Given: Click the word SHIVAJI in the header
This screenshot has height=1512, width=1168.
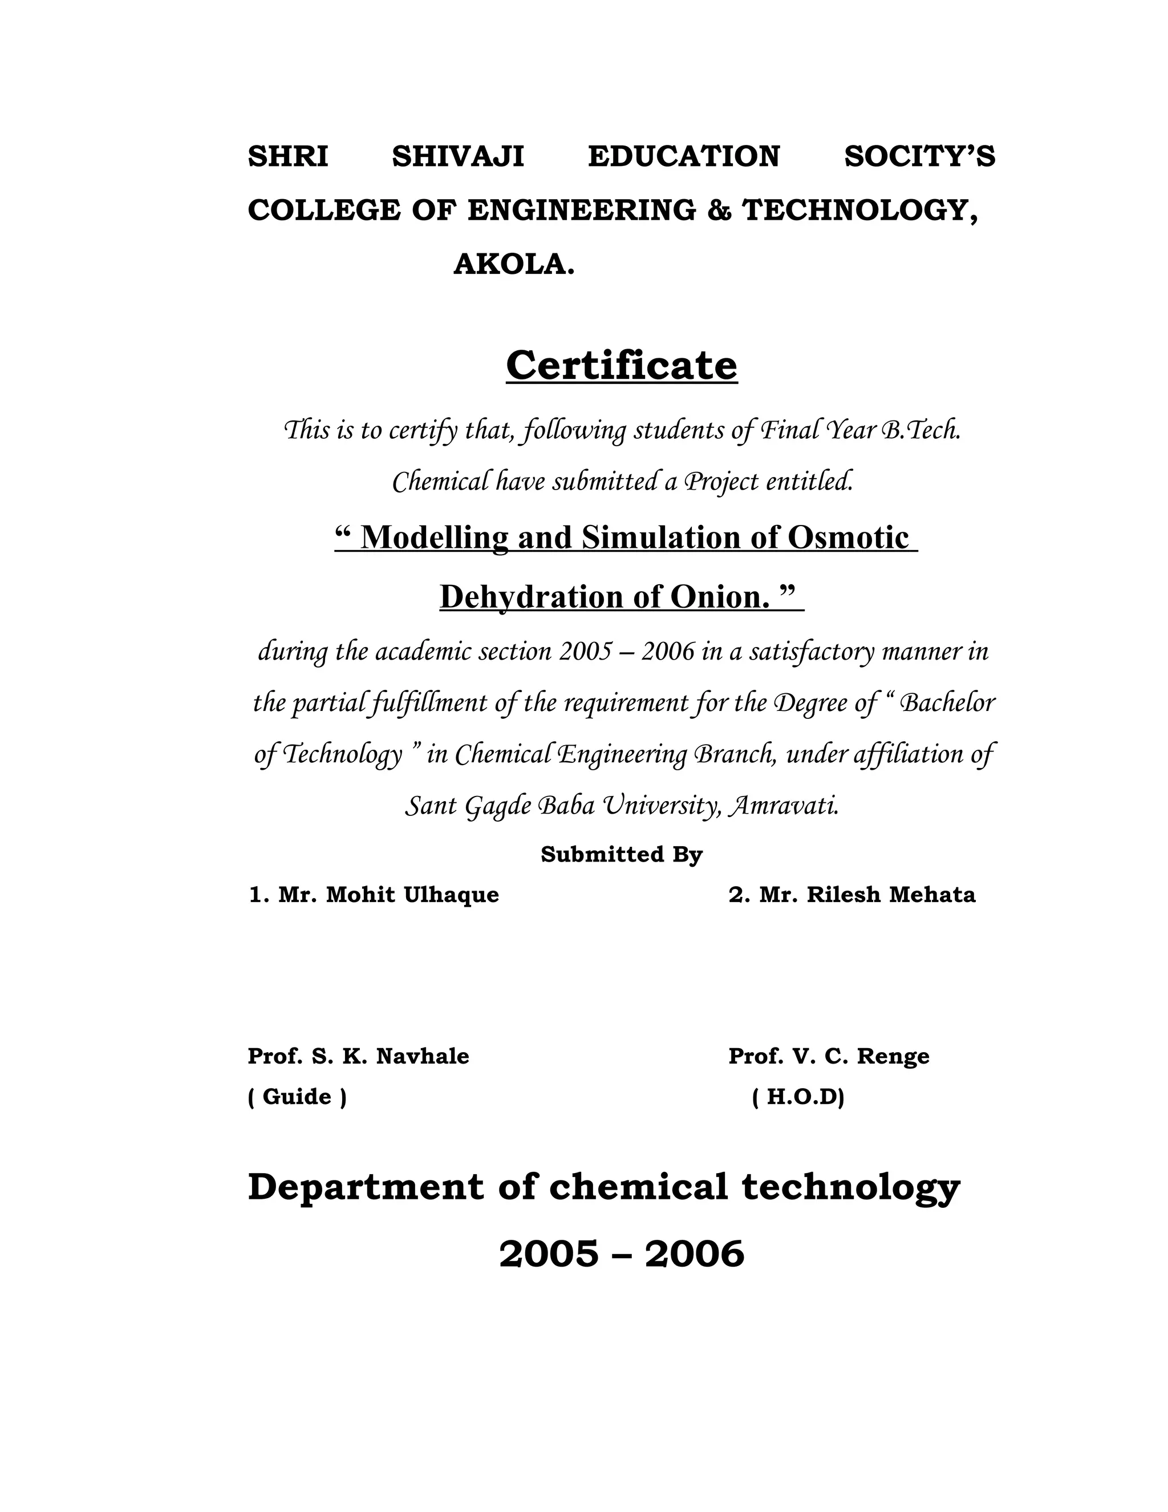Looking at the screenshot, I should pos(457,156).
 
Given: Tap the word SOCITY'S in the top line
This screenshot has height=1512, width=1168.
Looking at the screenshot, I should pos(919,156).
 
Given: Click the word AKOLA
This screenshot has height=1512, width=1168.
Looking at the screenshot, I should pos(513,265).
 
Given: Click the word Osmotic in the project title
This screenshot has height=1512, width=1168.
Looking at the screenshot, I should pos(847,537).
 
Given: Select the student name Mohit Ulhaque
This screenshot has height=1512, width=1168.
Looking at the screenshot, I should pos(412,895).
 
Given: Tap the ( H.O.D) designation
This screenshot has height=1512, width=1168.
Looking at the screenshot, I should pos(798,1097).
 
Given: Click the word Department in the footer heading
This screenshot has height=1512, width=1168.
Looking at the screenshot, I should pos(366,1187).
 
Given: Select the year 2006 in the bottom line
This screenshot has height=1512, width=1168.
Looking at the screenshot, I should pos(694,1255).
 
